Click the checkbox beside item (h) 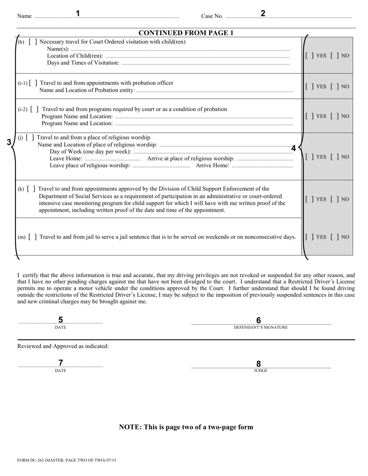[33, 42]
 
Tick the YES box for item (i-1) [310, 86]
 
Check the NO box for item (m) [335, 237]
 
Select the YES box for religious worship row [310, 157]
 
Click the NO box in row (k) [335, 199]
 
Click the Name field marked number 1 [107, 16]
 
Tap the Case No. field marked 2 [289, 16]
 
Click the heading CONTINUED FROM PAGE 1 [186, 33]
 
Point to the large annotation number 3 [9, 142]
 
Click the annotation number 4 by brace [294, 148]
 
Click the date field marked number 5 [60, 321]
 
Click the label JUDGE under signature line [261, 371]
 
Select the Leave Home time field [112, 159]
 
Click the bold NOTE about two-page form [186, 427]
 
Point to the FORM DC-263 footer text [67, 461]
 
